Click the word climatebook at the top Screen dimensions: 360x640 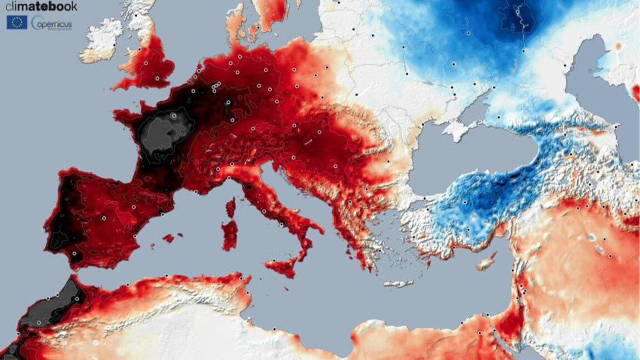coord(41,7)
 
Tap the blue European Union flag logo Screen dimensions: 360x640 coord(17,22)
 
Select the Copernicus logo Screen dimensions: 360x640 coord(52,23)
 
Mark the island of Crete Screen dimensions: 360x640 coord(399,283)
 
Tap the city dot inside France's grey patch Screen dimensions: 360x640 coord(174,116)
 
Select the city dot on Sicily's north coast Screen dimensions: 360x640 coord(273,261)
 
